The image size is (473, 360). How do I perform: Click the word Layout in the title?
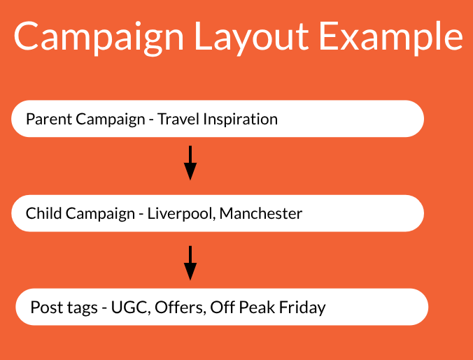coord(252,37)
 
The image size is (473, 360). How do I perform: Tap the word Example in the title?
coord(391,37)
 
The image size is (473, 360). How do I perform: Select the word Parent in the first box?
coord(49,119)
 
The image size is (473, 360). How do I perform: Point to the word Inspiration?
coord(241,120)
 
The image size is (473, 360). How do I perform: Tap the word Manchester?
coord(260,213)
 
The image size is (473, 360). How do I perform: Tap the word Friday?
coord(302,308)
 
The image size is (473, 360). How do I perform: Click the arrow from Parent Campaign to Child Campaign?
coord(190,163)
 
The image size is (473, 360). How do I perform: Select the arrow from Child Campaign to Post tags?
coord(190,263)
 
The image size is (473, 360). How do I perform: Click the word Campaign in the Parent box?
coord(111,120)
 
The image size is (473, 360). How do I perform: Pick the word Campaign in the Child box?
coord(100,214)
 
